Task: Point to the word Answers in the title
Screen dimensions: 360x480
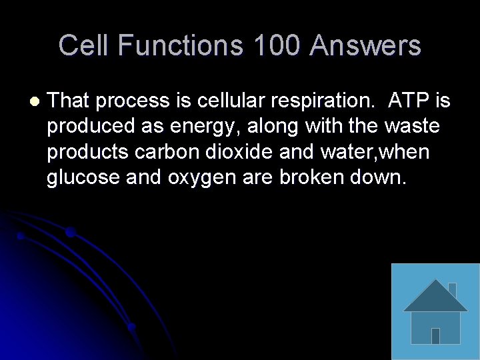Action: click(365, 46)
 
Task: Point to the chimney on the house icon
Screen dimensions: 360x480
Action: click(451, 289)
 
